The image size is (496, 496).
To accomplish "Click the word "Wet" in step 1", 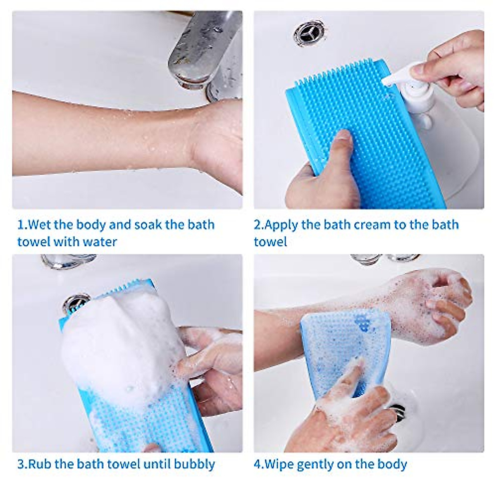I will click(40, 225).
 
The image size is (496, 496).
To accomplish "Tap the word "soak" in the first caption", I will click(142, 225).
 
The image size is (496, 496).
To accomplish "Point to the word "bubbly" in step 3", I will click(194, 464).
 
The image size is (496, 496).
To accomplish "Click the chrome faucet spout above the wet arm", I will click(194, 50).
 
